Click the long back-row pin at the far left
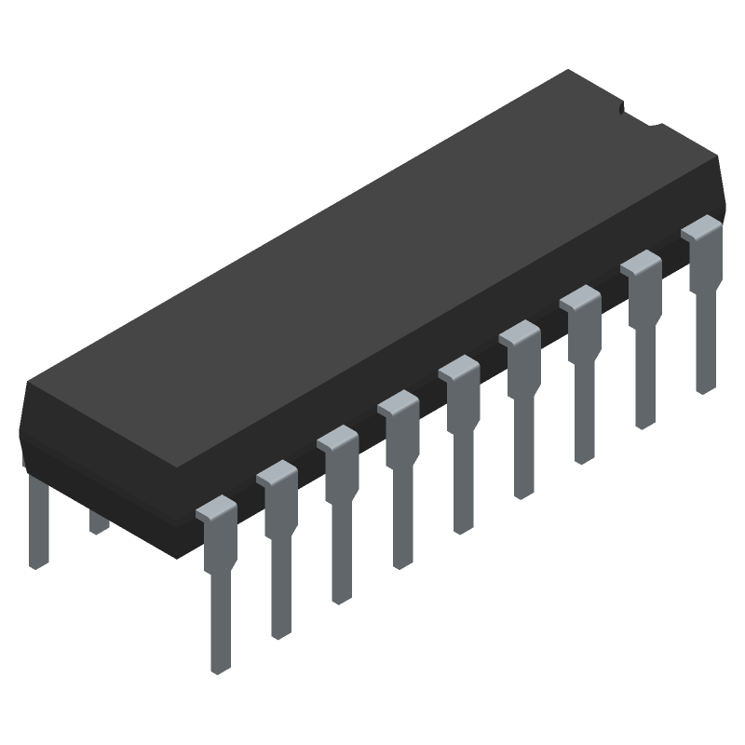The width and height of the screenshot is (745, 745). (x=38, y=521)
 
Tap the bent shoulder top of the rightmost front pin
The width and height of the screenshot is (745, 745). (x=700, y=227)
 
